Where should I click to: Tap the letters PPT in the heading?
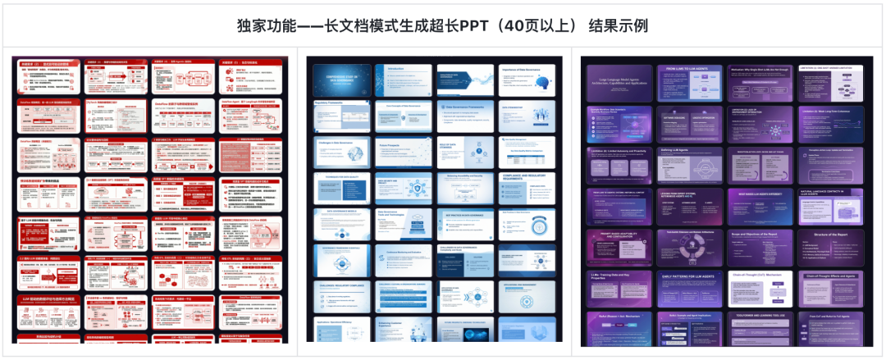click(475, 26)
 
